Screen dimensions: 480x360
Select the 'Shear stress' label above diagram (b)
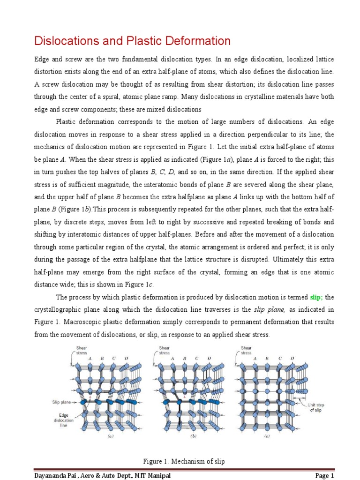pyautogui.click(x=165, y=351)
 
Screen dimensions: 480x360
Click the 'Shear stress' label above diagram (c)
pyautogui.click(x=246, y=351)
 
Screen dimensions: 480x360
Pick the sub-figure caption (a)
pyautogui.click(x=110, y=436)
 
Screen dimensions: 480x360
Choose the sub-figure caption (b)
pyautogui.click(x=192, y=436)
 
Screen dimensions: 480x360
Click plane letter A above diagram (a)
pyautogui.click(x=90, y=358)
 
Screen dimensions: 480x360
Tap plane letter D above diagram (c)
pyautogui.click(x=292, y=358)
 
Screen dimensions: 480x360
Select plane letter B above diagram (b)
pyautogui.click(x=184, y=358)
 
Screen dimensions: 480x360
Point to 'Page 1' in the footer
pyautogui.click(x=324, y=475)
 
